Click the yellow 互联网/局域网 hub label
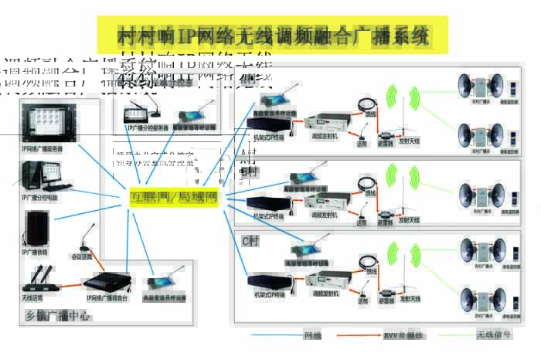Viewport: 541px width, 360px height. (175, 199)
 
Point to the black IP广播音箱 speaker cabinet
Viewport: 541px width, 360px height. (36, 227)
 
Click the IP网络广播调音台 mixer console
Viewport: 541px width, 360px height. (108, 281)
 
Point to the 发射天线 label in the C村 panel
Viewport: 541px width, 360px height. (409, 298)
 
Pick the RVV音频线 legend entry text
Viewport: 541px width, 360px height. (399, 336)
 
